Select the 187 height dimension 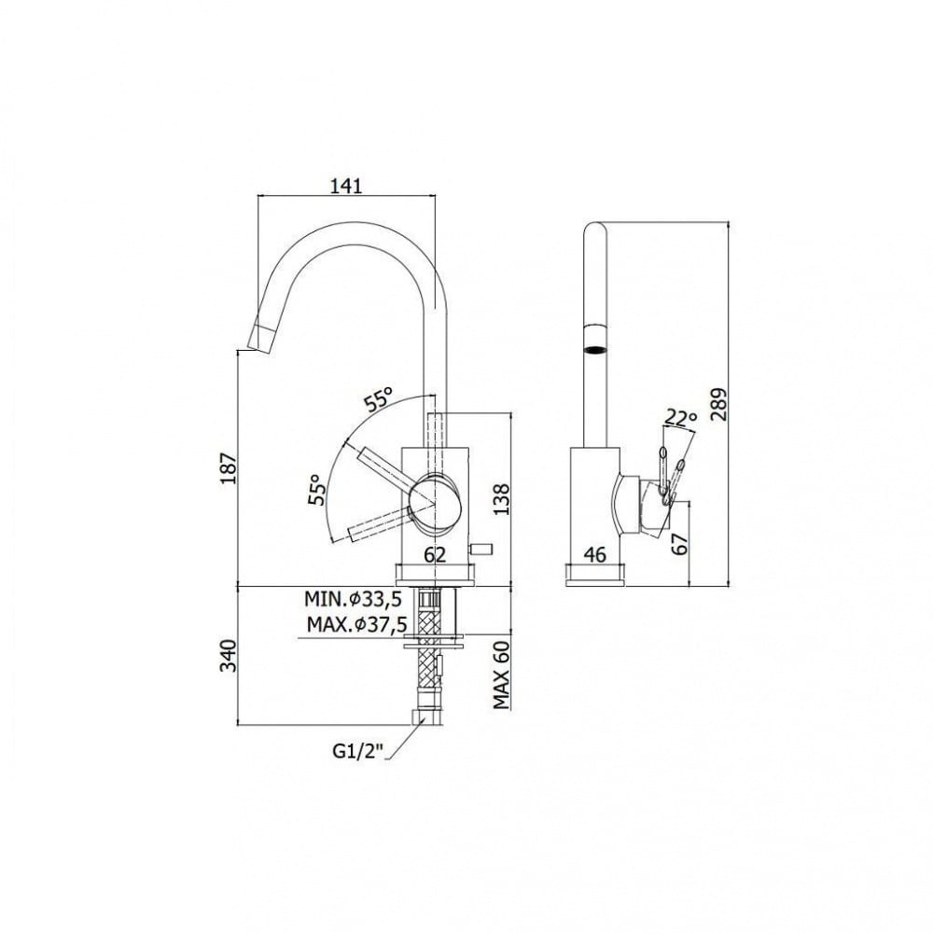(230, 468)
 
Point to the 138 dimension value (502, 498)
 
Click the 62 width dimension (435, 554)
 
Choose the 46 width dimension (595, 554)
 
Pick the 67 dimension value (679, 543)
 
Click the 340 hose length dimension (230, 656)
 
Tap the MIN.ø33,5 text (354, 599)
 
